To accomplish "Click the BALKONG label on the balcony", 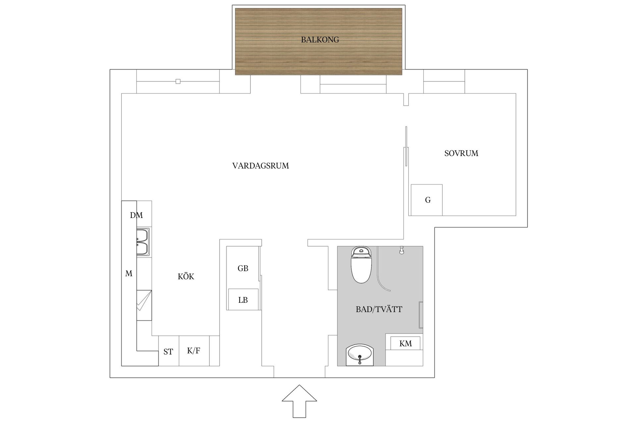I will pyautogui.click(x=320, y=40).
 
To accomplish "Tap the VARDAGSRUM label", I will pyautogui.click(x=260, y=166).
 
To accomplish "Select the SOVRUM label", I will pyautogui.click(x=461, y=153).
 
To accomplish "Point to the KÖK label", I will pyautogui.click(x=186, y=277).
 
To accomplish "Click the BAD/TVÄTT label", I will pyautogui.click(x=379, y=309).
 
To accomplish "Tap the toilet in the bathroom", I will pyautogui.click(x=361, y=265).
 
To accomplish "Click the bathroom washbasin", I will pyautogui.click(x=359, y=355).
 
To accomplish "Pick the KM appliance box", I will pyautogui.click(x=405, y=343).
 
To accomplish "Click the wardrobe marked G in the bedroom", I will pyautogui.click(x=427, y=200).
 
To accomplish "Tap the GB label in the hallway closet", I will pyautogui.click(x=243, y=268).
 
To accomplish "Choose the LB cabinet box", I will pyautogui.click(x=243, y=300).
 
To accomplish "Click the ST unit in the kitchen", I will pyautogui.click(x=168, y=351).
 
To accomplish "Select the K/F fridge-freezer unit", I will pyautogui.click(x=194, y=350).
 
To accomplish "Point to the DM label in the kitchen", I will pyautogui.click(x=136, y=215).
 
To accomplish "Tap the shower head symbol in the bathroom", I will pyautogui.click(x=401, y=250).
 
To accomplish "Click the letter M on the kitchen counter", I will pyautogui.click(x=129, y=274).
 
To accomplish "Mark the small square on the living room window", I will pyautogui.click(x=178, y=81).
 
